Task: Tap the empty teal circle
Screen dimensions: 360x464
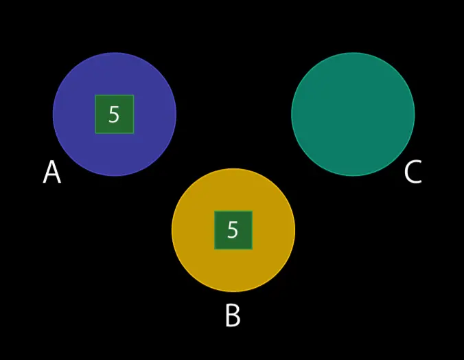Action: tap(353, 114)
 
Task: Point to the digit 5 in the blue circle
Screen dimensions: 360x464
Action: tap(114, 115)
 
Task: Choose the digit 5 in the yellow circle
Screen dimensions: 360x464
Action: tap(233, 230)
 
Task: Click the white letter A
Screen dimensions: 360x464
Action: tap(51, 172)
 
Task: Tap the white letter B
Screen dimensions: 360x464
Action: tap(233, 316)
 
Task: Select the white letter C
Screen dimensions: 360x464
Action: tap(413, 172)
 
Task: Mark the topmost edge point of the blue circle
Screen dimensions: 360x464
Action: tap(115, 53)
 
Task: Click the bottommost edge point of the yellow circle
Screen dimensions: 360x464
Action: tap(233, 292)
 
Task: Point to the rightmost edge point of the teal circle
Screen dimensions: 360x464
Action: tap(415, 114)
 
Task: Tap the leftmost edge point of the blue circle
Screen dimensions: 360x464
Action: tap(53, 114)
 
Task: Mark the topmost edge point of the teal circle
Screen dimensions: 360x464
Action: tap(353, 53)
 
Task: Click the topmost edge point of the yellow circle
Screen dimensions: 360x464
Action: tap(233, 169)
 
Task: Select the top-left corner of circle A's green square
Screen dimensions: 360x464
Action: tap(95, 95)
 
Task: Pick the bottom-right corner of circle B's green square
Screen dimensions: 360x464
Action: tap(252, 249)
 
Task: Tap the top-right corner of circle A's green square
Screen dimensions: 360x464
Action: tap(133, 95)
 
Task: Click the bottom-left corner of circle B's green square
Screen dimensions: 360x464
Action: tap(215, 249)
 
